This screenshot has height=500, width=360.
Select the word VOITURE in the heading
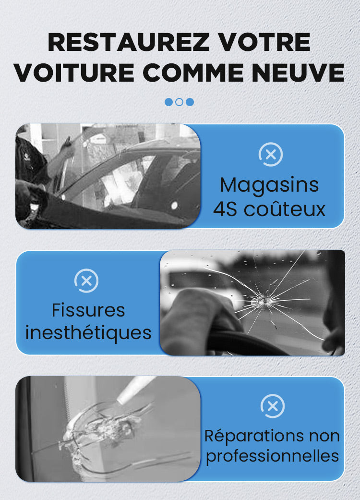tap(74, 73)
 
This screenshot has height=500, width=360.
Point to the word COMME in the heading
tap(193, 73)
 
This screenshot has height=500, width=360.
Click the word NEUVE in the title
tap(299, 73)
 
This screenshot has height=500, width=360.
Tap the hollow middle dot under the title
tap(180, 102)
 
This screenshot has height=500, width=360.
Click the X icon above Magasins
tap(270, 155)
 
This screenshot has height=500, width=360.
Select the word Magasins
tap(269, 185)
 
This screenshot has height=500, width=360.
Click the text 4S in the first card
tap(225, 209)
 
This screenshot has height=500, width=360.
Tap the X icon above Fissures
tap(86, 280)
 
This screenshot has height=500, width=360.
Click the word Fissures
tap(88, 310)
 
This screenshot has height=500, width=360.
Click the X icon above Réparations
tap(272, 406)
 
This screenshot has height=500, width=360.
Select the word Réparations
tap(254, 436)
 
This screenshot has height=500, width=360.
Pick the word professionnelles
tap(272, 456)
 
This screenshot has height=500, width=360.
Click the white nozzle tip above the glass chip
tap(121, 399)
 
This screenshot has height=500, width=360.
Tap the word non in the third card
tap(324, 436)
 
